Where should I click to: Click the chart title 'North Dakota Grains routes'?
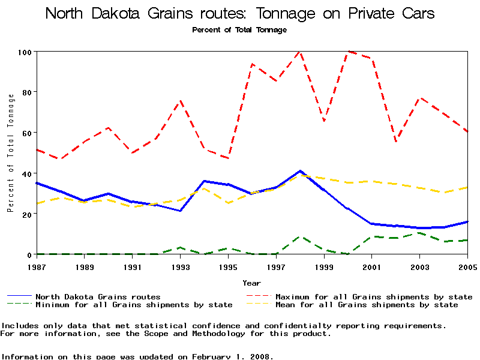tap(240, 13)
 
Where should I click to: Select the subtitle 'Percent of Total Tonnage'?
tap(239, 29)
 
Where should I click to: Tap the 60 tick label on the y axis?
tap(25, 133)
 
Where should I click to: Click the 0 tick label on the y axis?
tap(28, 254)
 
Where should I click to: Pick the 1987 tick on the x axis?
tap(36, 266)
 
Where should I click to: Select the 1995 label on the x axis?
tap(228, 266)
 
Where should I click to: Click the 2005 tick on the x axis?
tap(467, 266)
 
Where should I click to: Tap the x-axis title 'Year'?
tap(251, 283)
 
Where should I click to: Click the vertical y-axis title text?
tap(10, 153)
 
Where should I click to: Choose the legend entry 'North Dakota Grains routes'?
tap(98, 296)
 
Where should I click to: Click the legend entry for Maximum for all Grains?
tap(373, 296)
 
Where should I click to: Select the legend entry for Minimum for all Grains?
tap(134, 305)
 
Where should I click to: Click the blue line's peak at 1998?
tap(300, 171)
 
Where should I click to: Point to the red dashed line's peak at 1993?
tap(180, 101)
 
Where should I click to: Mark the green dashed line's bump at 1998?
tap(300, 236)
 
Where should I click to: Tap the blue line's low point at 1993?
tap(180, 211)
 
